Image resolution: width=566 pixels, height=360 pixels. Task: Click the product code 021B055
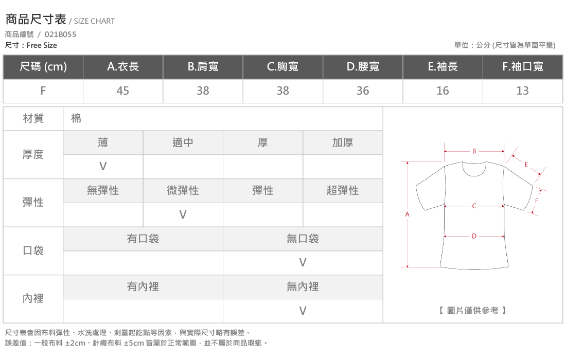60,34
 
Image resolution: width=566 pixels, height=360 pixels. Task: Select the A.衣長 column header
123,66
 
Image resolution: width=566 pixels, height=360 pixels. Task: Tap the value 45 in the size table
123,91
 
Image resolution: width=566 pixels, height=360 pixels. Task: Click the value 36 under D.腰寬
363,91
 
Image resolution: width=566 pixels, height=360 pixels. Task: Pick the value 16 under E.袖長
443,91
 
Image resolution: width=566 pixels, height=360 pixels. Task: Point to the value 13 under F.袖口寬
522,91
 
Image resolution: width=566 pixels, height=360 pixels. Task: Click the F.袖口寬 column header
523,66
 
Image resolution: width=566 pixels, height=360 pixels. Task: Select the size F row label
43,91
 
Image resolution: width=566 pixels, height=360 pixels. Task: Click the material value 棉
76,118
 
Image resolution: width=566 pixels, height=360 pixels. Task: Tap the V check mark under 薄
103,167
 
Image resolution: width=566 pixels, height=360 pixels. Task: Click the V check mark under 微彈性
183,214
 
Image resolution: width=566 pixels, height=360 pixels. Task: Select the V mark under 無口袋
303,263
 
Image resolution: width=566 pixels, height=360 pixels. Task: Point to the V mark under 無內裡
303,311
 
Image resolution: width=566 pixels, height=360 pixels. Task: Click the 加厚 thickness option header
343,143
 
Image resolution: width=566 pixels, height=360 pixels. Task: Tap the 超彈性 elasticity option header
343,190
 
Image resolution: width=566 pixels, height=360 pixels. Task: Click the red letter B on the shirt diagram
474,151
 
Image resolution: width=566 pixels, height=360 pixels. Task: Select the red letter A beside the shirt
407,214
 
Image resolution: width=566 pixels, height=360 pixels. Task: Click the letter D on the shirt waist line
474,236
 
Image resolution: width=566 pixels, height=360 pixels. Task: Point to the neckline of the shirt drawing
474,175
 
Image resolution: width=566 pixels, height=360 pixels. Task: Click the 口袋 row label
33,250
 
